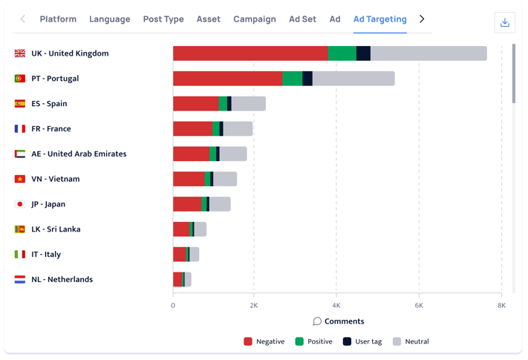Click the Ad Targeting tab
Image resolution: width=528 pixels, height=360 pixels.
click(x=379, y=19)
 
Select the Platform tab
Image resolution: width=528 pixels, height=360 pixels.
click(x=58, y=19)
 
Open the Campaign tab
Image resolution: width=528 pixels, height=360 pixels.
click(x=254, y=19)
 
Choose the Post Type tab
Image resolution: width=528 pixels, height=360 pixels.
click(x=163, y=19)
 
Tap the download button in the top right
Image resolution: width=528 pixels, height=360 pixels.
click(x=505, y=22)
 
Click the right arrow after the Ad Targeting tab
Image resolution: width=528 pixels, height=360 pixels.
click(x=422, y=19)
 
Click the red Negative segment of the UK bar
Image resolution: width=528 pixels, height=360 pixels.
click(x=250, y=53)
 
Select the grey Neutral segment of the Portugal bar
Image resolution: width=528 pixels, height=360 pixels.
click(x=353, y=79)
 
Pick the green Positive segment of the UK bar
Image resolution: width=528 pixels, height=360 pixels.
click(x=342, y=53)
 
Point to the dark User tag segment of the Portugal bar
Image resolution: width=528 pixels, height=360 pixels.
click(x=307, y=79)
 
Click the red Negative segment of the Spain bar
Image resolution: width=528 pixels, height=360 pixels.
click(x=195, y=104)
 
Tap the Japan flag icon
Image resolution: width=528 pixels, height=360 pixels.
click(x=20, y=204)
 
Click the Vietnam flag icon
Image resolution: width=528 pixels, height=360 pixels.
click(x=20, y=179)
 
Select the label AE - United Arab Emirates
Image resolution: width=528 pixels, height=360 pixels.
click(x=79, y=154)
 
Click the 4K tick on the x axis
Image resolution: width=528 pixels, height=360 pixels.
click(x=336, y=305)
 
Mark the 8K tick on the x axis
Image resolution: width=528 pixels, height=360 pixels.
click(x=501, y=305)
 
